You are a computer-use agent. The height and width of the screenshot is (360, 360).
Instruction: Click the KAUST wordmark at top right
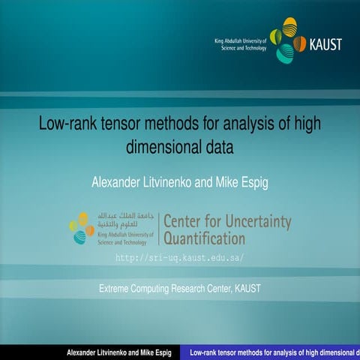(325, 44)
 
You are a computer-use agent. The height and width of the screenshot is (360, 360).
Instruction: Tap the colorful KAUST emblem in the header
(287, 43)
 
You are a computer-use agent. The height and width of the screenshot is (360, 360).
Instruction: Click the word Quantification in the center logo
(204, 239)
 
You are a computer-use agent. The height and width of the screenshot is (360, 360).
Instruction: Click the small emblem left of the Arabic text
(82, 228)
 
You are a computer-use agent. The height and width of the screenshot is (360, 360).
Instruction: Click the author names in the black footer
(119, 352)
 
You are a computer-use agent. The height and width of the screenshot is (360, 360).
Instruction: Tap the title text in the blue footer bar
(274, 352)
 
